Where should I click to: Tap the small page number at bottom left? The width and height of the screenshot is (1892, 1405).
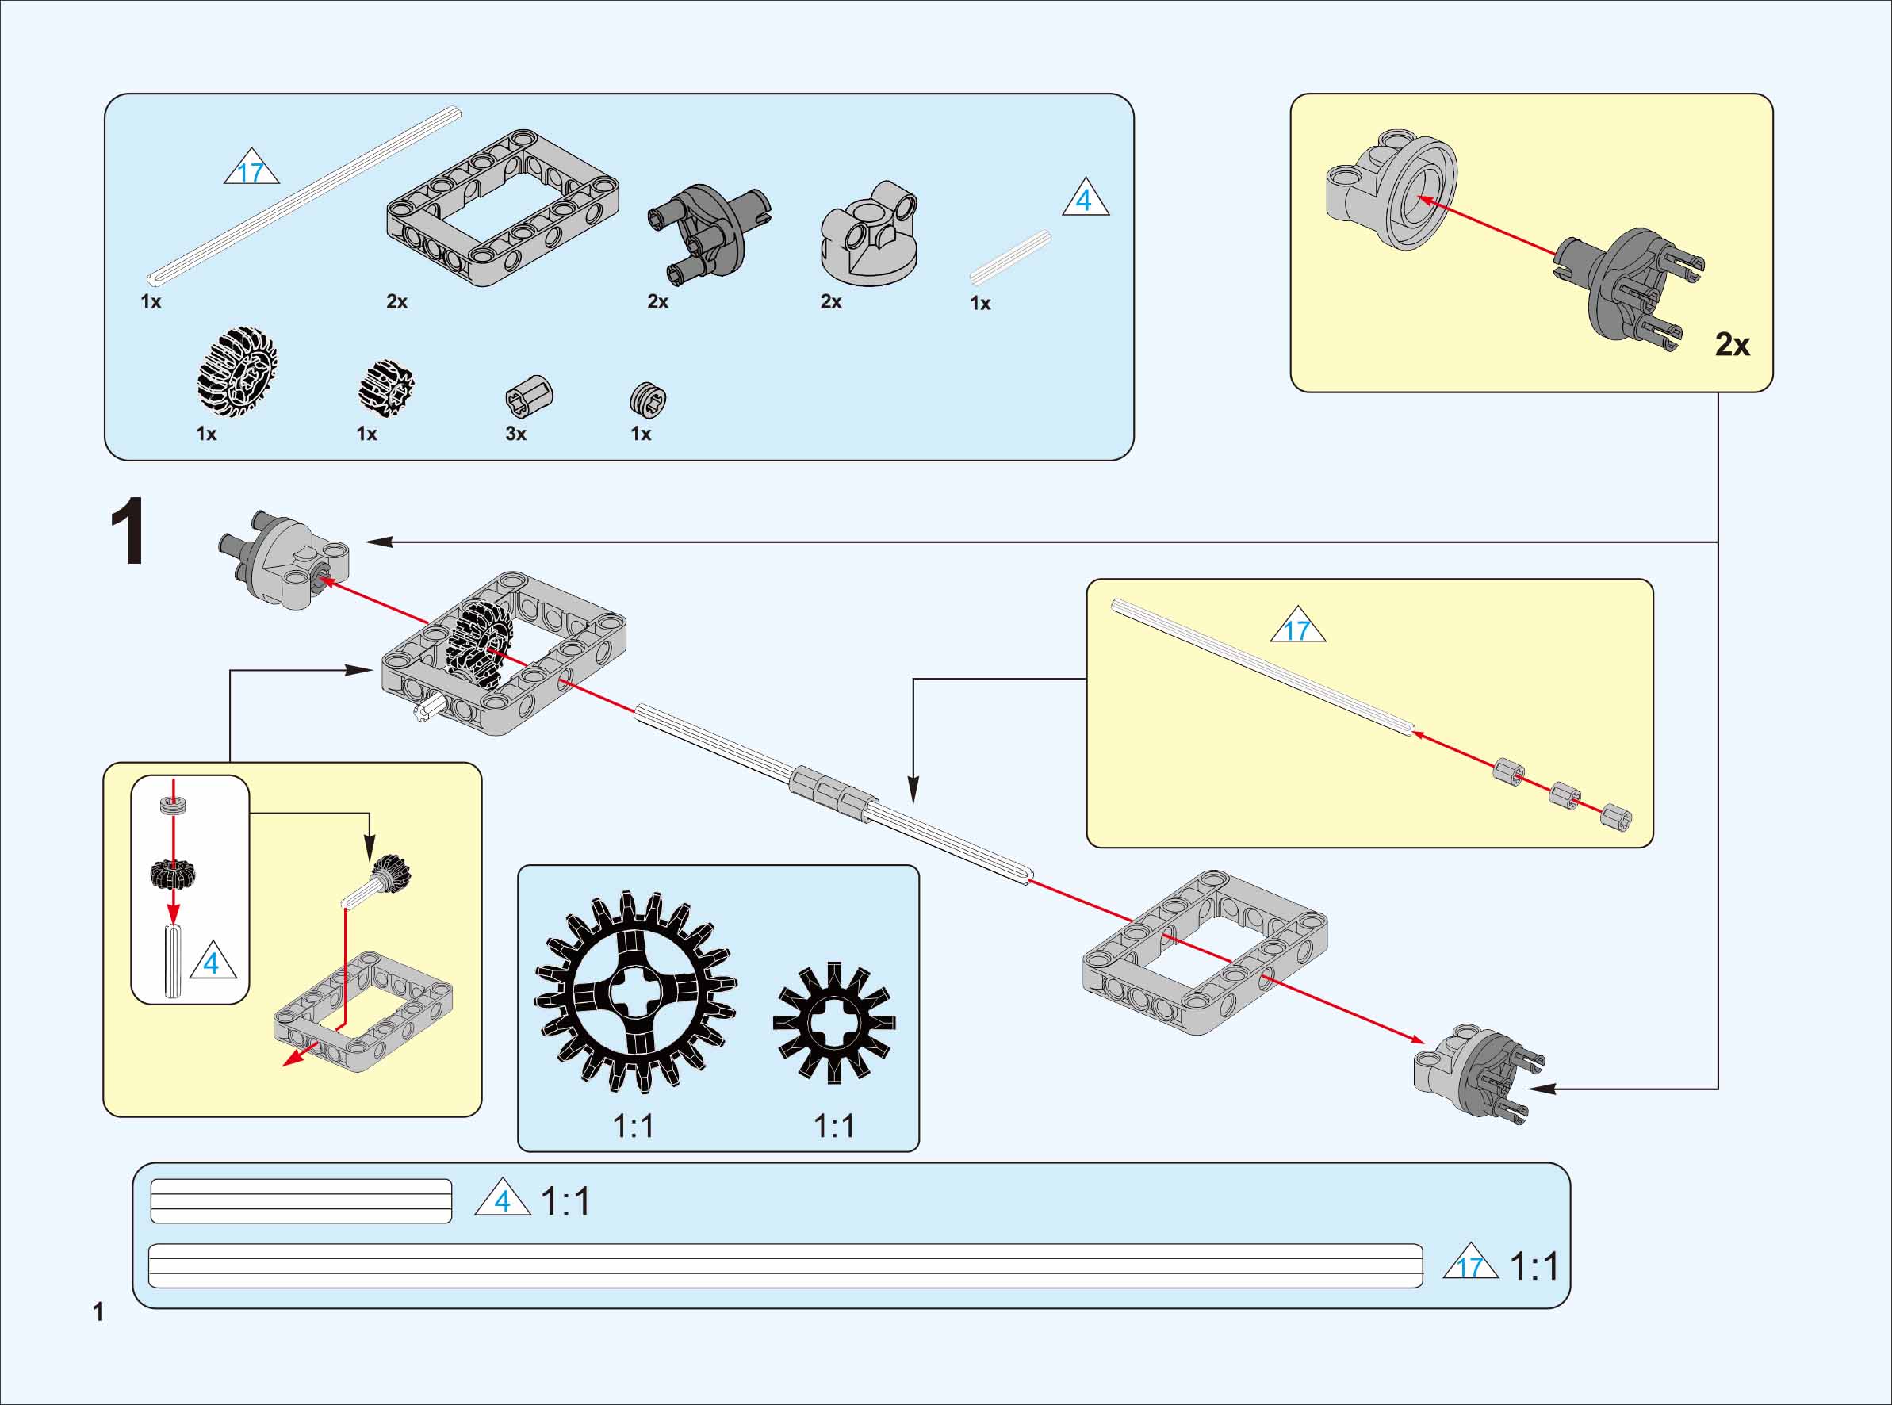click(98, 1311)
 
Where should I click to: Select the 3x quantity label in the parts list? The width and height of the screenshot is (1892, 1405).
click(516, 434)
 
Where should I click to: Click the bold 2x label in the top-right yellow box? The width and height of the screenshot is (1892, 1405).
click(1732, 344)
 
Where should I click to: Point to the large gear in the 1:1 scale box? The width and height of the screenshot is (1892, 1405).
click(635, 992)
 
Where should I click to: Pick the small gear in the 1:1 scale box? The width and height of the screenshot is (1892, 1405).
click(833, 1022)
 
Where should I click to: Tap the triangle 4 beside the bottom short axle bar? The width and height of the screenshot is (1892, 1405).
click(503, 1200)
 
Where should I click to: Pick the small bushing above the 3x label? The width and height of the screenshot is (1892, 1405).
click(529, 396)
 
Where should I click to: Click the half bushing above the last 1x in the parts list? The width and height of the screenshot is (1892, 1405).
click(648, 399)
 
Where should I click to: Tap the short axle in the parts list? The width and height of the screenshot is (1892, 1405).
click(1010, 258)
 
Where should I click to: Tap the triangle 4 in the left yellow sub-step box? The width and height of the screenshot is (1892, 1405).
click(212, 963)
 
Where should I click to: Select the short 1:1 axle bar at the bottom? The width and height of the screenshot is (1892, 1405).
click(301, 1201)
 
